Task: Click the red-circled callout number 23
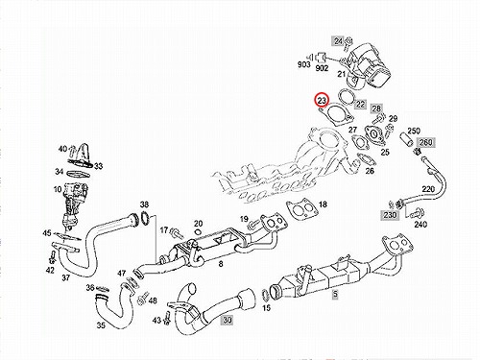322,100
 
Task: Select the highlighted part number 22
360,104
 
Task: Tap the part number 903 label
303,64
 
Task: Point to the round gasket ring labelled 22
346,97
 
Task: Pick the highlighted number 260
425,142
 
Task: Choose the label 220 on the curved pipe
428,189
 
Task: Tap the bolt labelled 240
418,213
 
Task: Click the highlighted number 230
390,215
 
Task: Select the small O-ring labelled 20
198,231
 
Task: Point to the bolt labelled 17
177,233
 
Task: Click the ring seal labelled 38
145,218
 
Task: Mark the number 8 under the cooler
221,264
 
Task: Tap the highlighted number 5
335,294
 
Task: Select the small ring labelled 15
266,295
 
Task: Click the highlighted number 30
227,320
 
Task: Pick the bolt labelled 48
142,299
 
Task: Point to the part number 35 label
101,325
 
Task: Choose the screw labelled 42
53,257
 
